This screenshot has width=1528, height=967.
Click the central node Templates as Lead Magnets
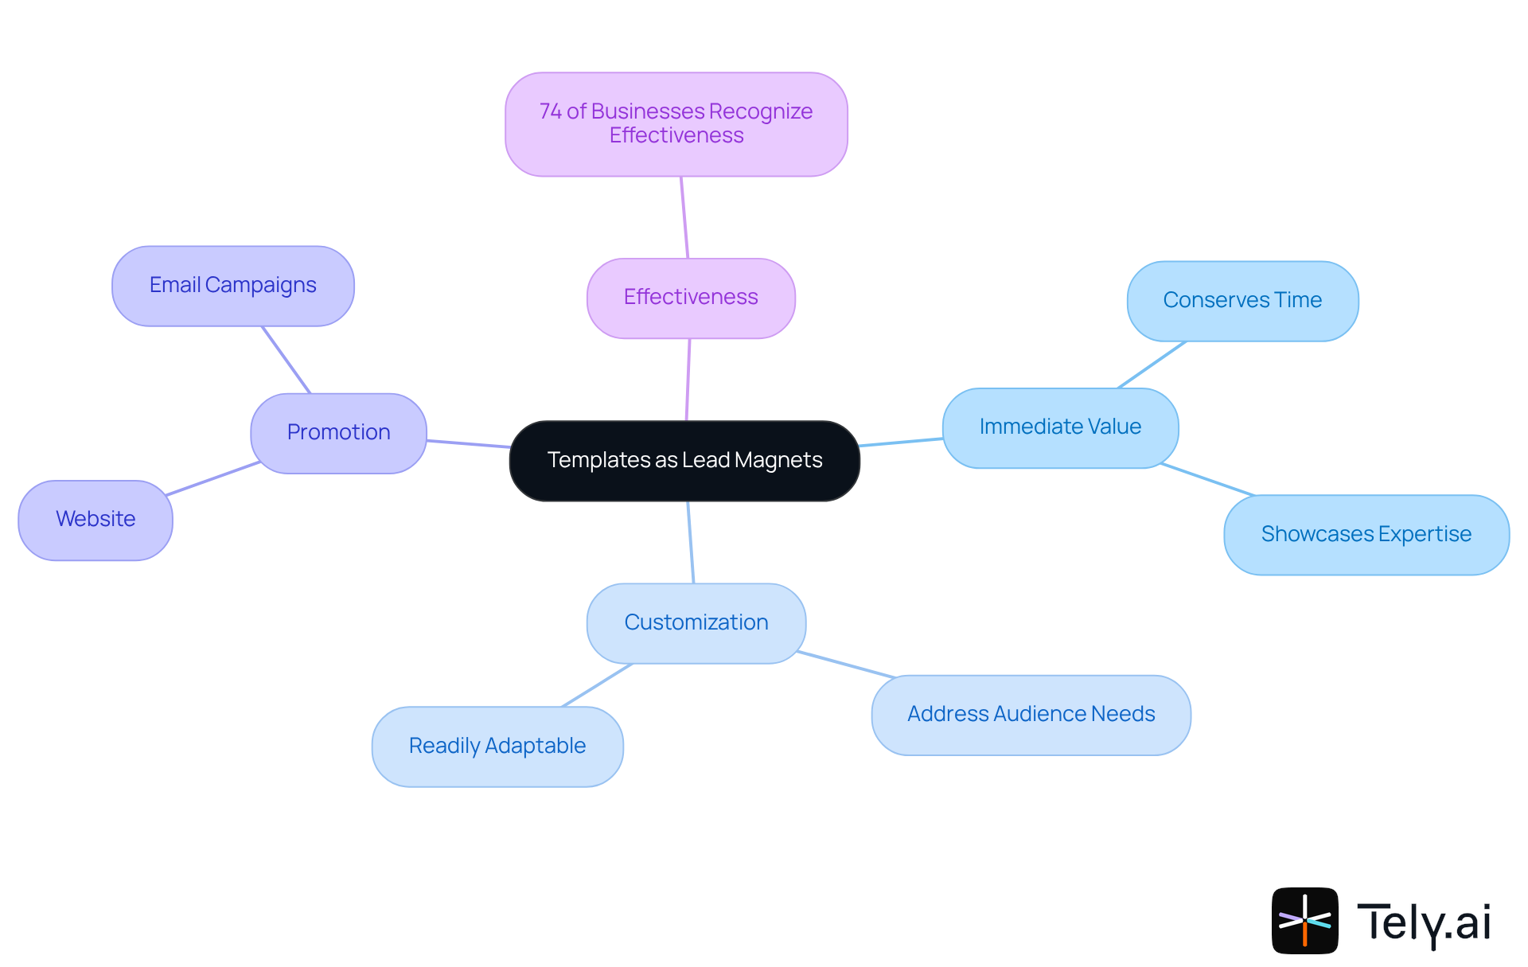[x=684, y=460]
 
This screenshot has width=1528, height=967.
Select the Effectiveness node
[x=691, y=298]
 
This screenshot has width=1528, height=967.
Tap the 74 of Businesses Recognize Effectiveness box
[x=676, y=124]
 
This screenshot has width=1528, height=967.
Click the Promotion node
[x=338, y=432]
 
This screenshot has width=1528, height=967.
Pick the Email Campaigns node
[x=232, y=285]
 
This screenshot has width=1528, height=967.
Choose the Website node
[x=95, y=519]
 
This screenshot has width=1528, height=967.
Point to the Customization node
[x=696, y=622]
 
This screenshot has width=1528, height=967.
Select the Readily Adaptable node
[x=497, y=746]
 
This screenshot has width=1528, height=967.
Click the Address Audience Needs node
[x=1031, y=714]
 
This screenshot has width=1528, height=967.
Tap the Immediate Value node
[x=1060, y=427]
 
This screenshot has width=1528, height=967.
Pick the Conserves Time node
[x=1242, y=300]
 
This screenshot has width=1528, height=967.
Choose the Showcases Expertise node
[x=1366, y=534]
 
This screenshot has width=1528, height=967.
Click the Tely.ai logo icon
[x=1304, y=920]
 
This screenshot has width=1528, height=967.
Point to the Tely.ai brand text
[x=1424, y=922]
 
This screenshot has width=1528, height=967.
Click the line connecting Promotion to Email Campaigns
[x=286, y=360]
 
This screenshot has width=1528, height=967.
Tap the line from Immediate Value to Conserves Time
[x=1152, y=365]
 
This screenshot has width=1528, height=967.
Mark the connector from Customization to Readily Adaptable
[x=597, y=685]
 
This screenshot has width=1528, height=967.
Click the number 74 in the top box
[x=550, y=111]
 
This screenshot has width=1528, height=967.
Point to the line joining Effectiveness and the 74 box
[x=684, y=217]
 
